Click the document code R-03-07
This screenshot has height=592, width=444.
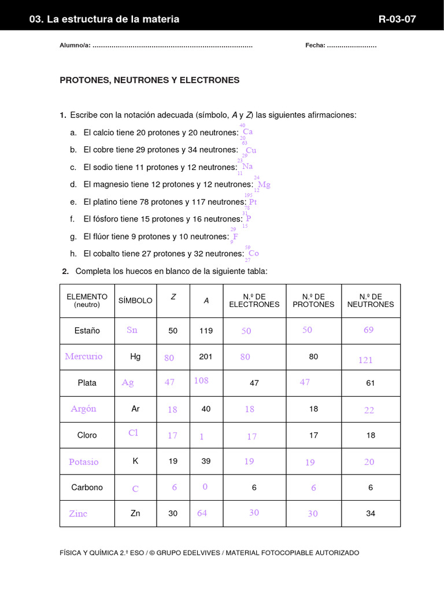click(397, 19)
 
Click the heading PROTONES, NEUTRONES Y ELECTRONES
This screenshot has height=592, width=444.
click(149, 80)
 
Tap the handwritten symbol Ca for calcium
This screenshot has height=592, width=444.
click(247, 132)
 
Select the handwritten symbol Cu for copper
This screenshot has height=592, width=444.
click(251, 150)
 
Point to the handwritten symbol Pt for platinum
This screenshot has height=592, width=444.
click(253, 202)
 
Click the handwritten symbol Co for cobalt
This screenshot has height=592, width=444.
click(253, 253)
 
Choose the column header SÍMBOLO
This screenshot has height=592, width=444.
click(135, 301)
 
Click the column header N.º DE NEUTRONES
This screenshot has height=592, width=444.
click(371, 301)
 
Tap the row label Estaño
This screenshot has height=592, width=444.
click(87, 331)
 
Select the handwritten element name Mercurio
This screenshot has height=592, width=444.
click(84, 357)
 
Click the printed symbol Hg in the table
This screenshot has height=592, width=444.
click(135, 357)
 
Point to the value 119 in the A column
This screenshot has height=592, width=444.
click(206, 331)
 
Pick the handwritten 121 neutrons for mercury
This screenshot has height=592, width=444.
click(365, 360)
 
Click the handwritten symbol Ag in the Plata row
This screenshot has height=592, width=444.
click(128, 383)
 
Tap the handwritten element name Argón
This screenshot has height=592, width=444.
click(84, 409)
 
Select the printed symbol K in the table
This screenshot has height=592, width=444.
click(135, 461)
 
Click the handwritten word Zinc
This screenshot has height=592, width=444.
click(78, 513)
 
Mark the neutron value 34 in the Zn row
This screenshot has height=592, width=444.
click(371, 513)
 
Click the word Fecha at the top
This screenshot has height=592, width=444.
click(315, 46)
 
